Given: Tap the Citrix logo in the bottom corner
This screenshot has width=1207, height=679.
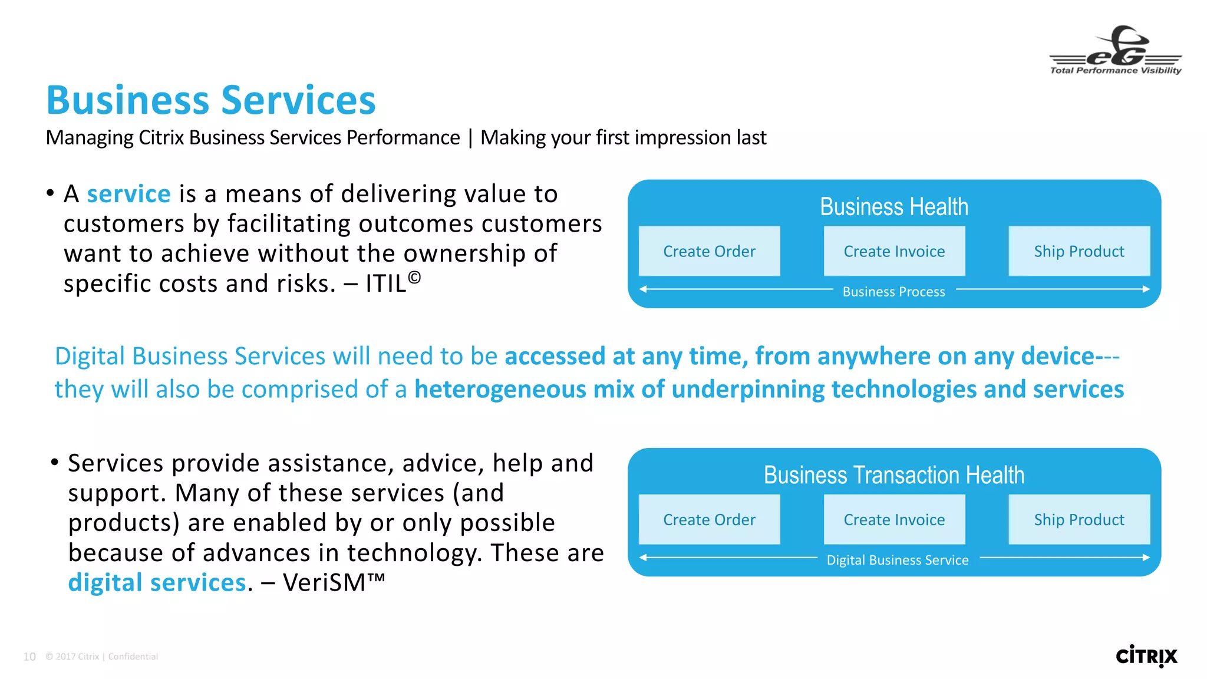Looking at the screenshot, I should click(x=1146, y=656).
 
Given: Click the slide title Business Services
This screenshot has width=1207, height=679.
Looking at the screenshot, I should click(x=211, y=100).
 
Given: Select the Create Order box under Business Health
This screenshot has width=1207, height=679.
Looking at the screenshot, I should click(x=709, y=251).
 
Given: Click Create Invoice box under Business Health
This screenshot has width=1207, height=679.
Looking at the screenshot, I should click(x=894, y=251).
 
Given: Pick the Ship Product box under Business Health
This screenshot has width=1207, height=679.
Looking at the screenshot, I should click(x=1079, y=251).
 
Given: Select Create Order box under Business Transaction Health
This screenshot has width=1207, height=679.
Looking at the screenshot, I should click(x=709, y=519).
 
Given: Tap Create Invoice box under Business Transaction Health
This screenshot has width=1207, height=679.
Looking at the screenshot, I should click(x=894, y=519).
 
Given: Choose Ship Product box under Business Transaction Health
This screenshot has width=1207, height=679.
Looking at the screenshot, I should click(x=1079, y=519).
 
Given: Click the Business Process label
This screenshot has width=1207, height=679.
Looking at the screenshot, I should click(x=893, y=292).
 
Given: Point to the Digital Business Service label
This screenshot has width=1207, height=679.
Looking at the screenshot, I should click(x=897, y=560).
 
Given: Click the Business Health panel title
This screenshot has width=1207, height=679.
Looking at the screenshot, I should click(x=893, y=207).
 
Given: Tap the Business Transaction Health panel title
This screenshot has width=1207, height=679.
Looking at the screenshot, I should click(x=893, y=475).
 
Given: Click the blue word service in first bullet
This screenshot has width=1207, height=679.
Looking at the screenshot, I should click(x=128, y=194).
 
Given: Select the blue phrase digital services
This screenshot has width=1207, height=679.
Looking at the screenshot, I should click(x=157, y=583).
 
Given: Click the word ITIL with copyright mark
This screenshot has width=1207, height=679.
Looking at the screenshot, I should click(x=392, y=283).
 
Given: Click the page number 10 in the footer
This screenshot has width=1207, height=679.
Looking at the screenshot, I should click(x=29, y=657).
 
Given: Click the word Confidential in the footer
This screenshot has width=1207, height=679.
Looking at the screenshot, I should click(x=133, y=657).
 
